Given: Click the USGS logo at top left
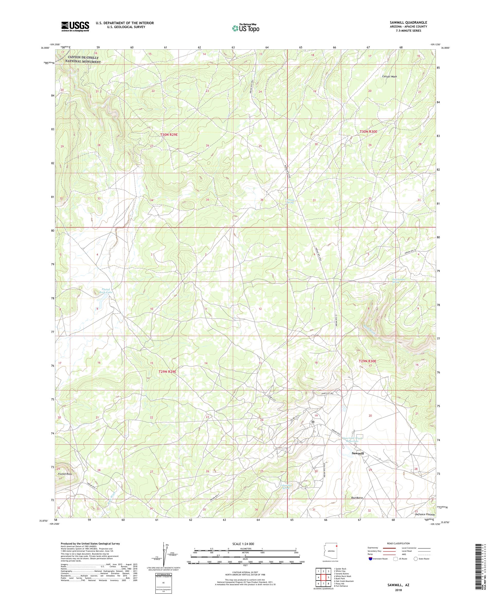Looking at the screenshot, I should click(75, 27).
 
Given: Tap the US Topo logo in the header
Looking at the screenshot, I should click(245, 28).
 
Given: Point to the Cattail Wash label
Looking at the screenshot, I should click(389, 76).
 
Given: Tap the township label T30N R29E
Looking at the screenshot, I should click(169, 135).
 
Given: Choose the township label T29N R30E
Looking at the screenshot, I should click(367, 361).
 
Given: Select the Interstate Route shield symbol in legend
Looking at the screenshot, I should click(370, 558).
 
